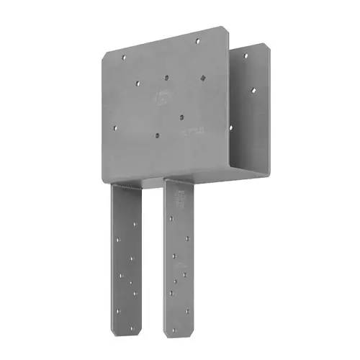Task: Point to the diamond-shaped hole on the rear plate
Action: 253,91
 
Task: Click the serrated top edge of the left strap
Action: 126,186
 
